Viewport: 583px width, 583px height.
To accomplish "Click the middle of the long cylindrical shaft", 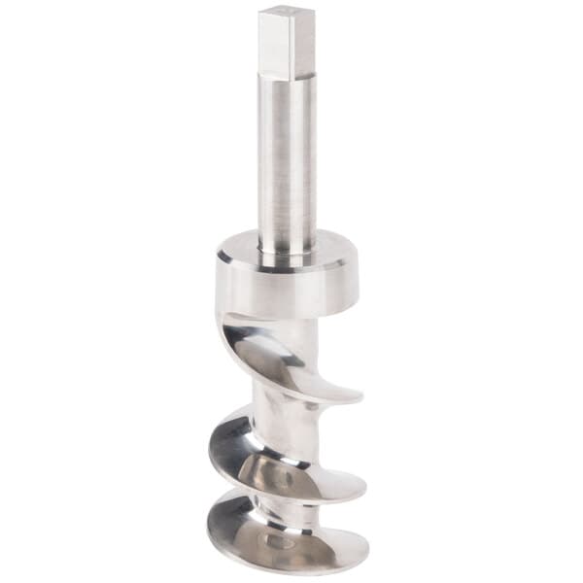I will click(287, 160).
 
